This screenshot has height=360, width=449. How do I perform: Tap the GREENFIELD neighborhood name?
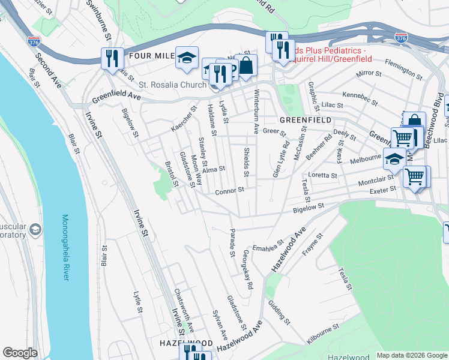tap(305, 120)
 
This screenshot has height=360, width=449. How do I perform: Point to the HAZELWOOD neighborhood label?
tap(185, 343)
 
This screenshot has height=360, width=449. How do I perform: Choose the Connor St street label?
tap(229, 191)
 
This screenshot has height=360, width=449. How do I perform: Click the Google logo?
tap(20, 353)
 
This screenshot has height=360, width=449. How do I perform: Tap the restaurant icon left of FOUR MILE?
tap(112, 58)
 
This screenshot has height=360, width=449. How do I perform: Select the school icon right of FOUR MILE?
tap(187, 57)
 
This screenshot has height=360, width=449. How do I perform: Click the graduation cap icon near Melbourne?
tap(394, 160)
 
